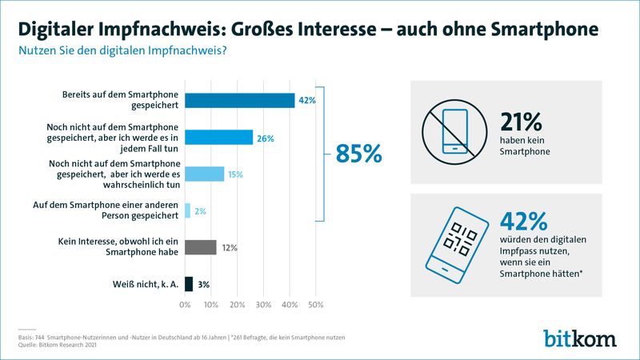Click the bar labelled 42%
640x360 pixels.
click(x=240, y=100)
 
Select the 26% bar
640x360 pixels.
click(x=219, y=138)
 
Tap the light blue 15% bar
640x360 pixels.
click(x=205, y=174)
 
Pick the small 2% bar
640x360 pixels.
click(x=188, y=210)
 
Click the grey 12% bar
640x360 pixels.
click(x=201, y=247)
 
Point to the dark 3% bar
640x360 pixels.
click(x=189, y=283)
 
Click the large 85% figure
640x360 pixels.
click(x=358, y=154)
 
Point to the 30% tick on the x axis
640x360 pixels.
click(x=263, y=305)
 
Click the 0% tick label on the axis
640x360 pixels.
click(x=186, y=305)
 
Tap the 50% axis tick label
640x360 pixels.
click(x=315, y=305)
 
